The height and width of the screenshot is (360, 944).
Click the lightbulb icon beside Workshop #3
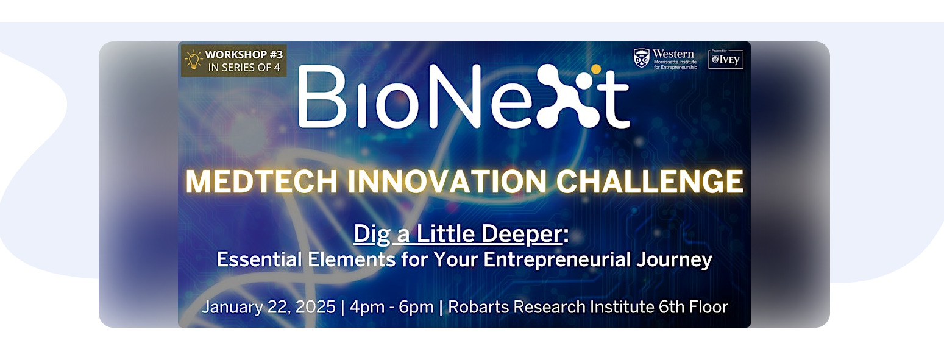pos(193,60)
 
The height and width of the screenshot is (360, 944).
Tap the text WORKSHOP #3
pos(244,55)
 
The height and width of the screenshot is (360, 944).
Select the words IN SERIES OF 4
pos(244,68)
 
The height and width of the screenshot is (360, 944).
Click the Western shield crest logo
pos(641,58)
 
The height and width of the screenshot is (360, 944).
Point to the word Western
pos(673,54)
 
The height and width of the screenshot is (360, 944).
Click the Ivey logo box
pos(726,59)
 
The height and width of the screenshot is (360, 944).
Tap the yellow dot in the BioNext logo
pos(596,69)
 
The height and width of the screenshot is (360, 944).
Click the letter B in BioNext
pos(322,96)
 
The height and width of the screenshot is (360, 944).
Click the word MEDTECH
pos(261,182)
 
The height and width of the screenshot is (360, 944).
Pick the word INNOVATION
pos(447,182)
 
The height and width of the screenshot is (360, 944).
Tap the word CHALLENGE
pos(650,182)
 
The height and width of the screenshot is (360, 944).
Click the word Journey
pos(674,259)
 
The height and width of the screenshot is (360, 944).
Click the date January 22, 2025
pos(269,307)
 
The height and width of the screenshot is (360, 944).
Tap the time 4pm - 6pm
pos(391,308)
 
